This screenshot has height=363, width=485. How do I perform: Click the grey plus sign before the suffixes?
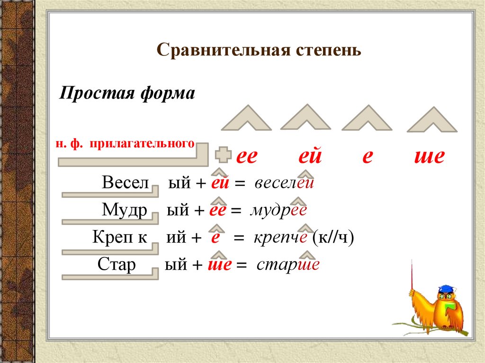tap(223, 155)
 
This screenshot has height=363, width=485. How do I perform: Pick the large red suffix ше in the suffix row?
tap(429, 156)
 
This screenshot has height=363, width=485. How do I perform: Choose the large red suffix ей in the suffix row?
tap(310, 156)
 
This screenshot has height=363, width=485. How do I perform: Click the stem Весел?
tap(125, 183)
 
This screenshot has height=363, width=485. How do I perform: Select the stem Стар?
tap(117, 264)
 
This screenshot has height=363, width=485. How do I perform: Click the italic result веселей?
tap(284, 184)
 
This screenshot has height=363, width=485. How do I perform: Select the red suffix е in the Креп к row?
tap(215, 238)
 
